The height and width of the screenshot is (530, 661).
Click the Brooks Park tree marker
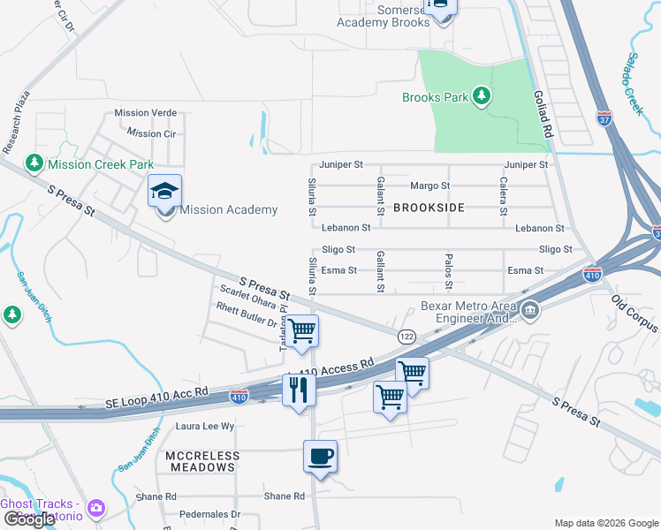pos(482,95)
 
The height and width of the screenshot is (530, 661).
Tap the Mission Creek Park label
pos(101,164)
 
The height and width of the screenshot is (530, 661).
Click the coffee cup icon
pos(320,457)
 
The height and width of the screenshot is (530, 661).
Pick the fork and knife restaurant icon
pos(299,388)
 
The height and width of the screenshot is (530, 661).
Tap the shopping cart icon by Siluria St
pos(302,331)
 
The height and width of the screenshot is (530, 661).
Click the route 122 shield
pos(406,337)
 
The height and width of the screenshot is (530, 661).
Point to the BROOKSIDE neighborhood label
pos(428,208)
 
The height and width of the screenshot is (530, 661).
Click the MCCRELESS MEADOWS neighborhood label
pos(202,461)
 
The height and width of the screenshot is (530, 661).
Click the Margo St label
pos(430,186)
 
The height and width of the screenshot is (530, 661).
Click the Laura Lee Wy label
pos(205,426)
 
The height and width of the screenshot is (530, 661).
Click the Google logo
pos(28,519)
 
